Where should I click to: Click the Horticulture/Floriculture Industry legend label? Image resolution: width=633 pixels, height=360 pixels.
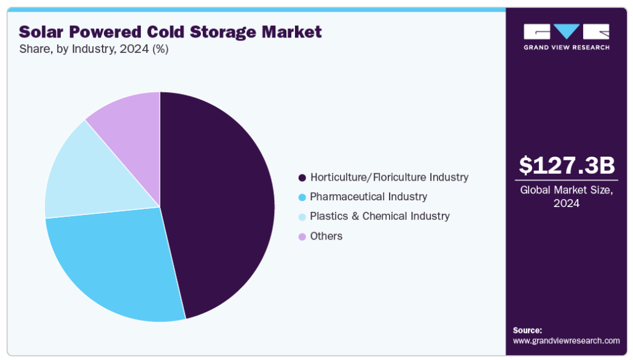click(389, 177)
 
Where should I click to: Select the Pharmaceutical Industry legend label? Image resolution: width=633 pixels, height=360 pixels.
click(368, 197)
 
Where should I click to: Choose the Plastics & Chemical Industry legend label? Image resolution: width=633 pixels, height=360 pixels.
click(379, 216)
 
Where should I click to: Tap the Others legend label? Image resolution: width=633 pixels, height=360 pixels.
click(326, 236)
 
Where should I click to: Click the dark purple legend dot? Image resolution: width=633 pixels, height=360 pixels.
click(302, 178)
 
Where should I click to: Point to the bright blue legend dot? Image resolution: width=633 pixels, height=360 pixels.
click(302, 197)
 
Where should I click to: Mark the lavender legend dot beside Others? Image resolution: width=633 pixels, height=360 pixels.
click(302, 237)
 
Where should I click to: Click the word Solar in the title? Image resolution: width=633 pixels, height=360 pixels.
click(40, 32)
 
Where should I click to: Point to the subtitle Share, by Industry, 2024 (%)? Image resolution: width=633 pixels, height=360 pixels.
click(93, 49)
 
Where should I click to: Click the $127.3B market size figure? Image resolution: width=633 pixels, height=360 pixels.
click(567, 165)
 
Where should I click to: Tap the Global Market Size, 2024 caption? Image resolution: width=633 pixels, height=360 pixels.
click(567, 196)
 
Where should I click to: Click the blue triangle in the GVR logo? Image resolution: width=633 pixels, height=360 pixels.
click(567, 31)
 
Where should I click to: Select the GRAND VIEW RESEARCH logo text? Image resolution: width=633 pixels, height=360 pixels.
click(567, 48)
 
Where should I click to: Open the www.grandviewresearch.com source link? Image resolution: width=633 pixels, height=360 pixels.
click(566, 340)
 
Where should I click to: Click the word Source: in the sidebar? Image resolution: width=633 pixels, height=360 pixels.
click(527, 330)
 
